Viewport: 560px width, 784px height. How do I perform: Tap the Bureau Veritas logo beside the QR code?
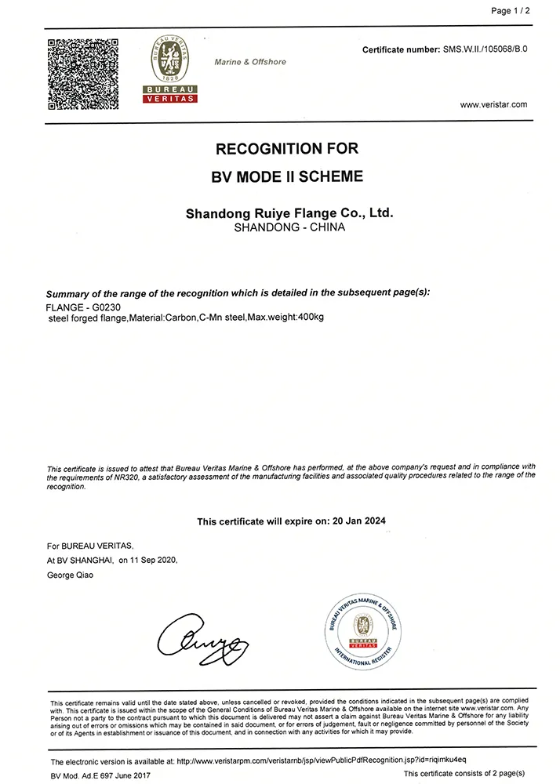[x=169, y=70]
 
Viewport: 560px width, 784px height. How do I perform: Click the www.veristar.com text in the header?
[x=493, y=103]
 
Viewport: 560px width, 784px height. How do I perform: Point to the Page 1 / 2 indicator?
[x=511, y=11]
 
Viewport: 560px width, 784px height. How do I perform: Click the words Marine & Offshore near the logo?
[x=250, y=62]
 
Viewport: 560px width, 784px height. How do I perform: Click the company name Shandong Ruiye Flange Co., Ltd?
[x=288, y=212]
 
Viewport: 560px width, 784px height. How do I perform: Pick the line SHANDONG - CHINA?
[x=289, y=227]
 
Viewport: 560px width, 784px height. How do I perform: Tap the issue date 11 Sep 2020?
[x=154, y=561]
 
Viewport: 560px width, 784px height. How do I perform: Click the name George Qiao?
[x=71, y=576]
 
